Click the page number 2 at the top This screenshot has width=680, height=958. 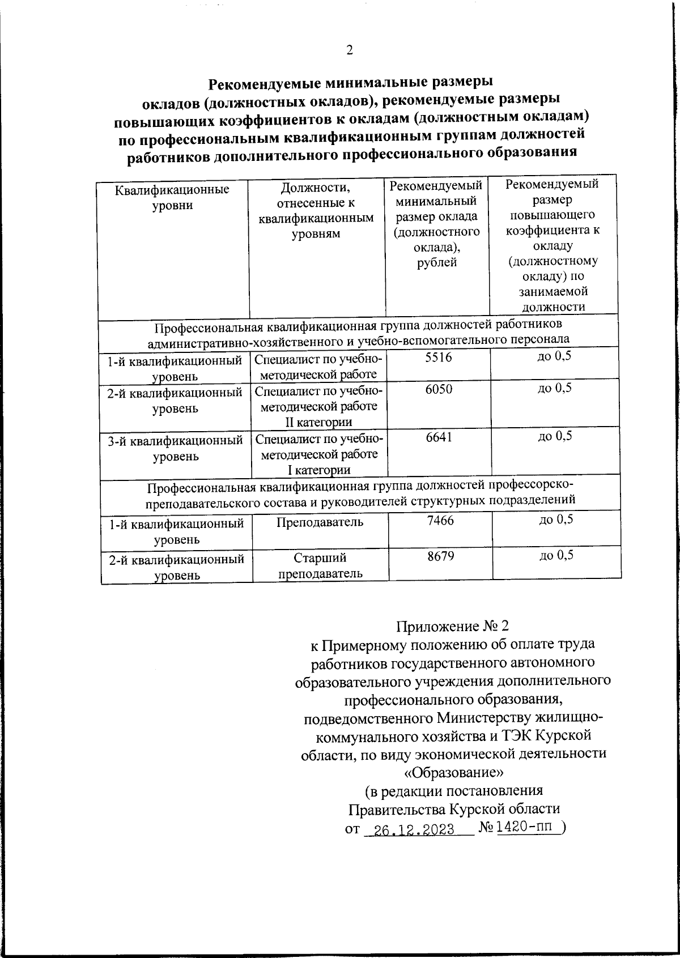[349, 50]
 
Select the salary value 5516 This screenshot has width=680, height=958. [438, 357]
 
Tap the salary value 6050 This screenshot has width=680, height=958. [439, 389]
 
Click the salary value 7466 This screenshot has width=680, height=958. [440, 520]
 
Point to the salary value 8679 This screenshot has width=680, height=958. [441, 556]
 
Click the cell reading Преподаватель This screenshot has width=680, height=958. [320, 522]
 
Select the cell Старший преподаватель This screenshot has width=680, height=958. [320, 565]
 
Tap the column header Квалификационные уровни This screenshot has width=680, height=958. [172, 197]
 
